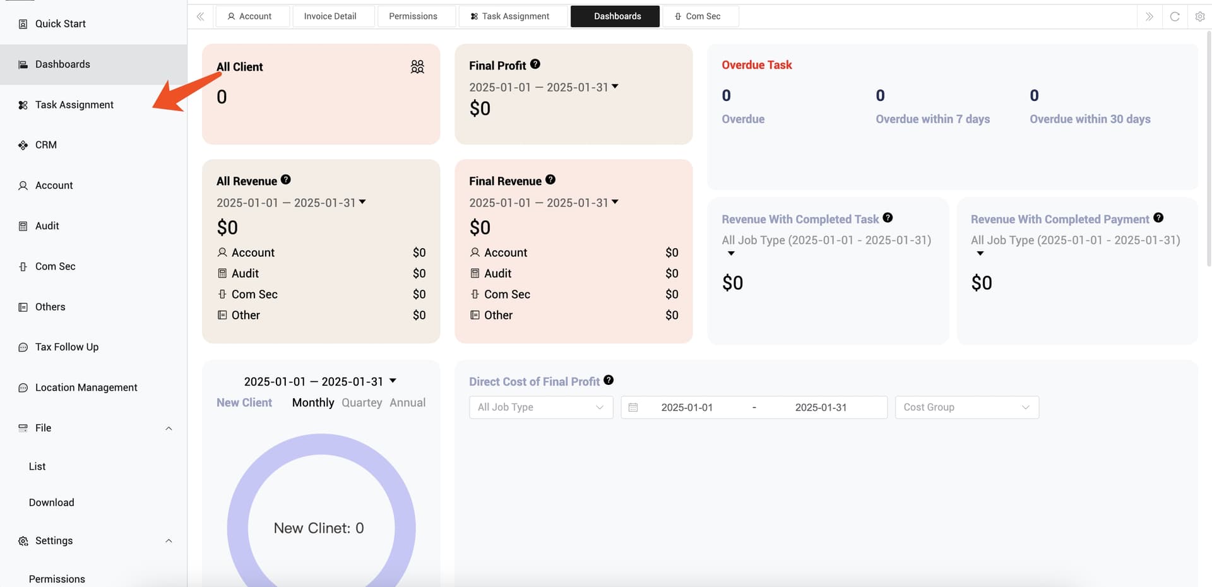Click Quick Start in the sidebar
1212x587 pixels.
60,24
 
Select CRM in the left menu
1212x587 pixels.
45,145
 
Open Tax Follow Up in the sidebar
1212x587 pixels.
66,347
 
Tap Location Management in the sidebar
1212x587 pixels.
86,388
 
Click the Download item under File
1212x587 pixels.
52,502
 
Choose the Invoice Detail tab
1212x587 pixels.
330,16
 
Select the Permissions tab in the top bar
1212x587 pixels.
413,16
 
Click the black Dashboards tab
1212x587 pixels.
617,16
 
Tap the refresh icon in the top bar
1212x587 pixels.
1174,16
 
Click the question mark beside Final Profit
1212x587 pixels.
535,64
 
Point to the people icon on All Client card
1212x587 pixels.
417,66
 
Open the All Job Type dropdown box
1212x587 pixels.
540,408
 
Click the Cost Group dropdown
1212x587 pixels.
966,408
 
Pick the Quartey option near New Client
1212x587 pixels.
362,403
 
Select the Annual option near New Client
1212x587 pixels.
407,403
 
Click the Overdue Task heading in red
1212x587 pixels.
756,65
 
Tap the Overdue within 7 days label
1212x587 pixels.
932,119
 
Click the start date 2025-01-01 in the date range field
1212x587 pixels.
687,408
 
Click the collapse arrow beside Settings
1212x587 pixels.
169,541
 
